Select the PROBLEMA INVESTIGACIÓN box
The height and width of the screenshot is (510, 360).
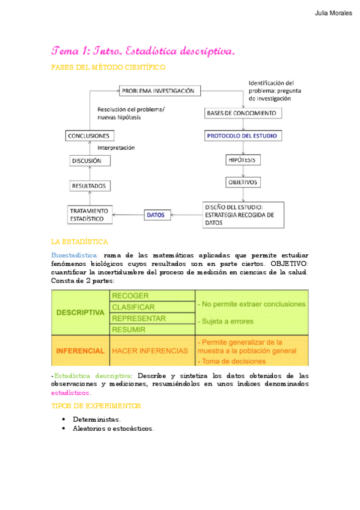(x=158, y=91)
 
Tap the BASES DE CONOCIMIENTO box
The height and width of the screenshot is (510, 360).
(x=242, y=113)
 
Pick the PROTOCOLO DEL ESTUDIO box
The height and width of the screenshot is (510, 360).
(x=242, y=136)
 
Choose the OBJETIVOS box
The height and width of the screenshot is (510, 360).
(x=242, y=182)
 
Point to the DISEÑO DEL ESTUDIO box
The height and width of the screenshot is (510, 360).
(x=242, y=214)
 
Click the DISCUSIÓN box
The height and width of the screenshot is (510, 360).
(x=90, y=161)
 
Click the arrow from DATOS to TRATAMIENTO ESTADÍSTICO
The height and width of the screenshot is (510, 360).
(x=129, y=214)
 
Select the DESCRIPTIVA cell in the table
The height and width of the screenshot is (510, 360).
(x=81, y=313)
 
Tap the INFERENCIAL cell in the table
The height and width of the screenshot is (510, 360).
(x=81, y=350)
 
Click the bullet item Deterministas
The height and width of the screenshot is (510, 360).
(x=96, y=419)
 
